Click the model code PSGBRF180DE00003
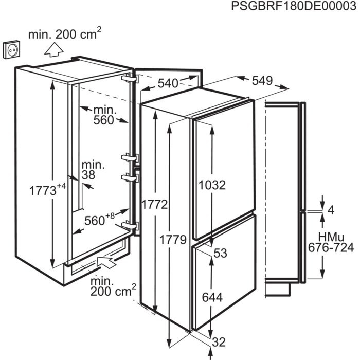[x=294, y=6]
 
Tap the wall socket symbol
[x=12, y=49]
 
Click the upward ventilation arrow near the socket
[x=53, y=49]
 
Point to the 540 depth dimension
[x=168, y=83]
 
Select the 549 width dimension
[x=262, y=81]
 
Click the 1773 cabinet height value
[x=43, y=191]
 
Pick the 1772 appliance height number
[x=155, y=204]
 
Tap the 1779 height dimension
[x=173, y=240]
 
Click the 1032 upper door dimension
[x=212, y=185]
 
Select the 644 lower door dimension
[x=212, y=297]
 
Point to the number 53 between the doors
[x=220, y=253]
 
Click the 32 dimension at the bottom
[x=219, y=342]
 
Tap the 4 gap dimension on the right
[x=331, y=210]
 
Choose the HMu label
[x=331, y=237]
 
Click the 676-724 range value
[x=331, y=248]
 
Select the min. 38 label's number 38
[x=88, y=175]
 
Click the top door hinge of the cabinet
[x=130, y=78]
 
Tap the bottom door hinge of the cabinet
[x=130, y=225]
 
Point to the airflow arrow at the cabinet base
[x=106, y=262]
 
